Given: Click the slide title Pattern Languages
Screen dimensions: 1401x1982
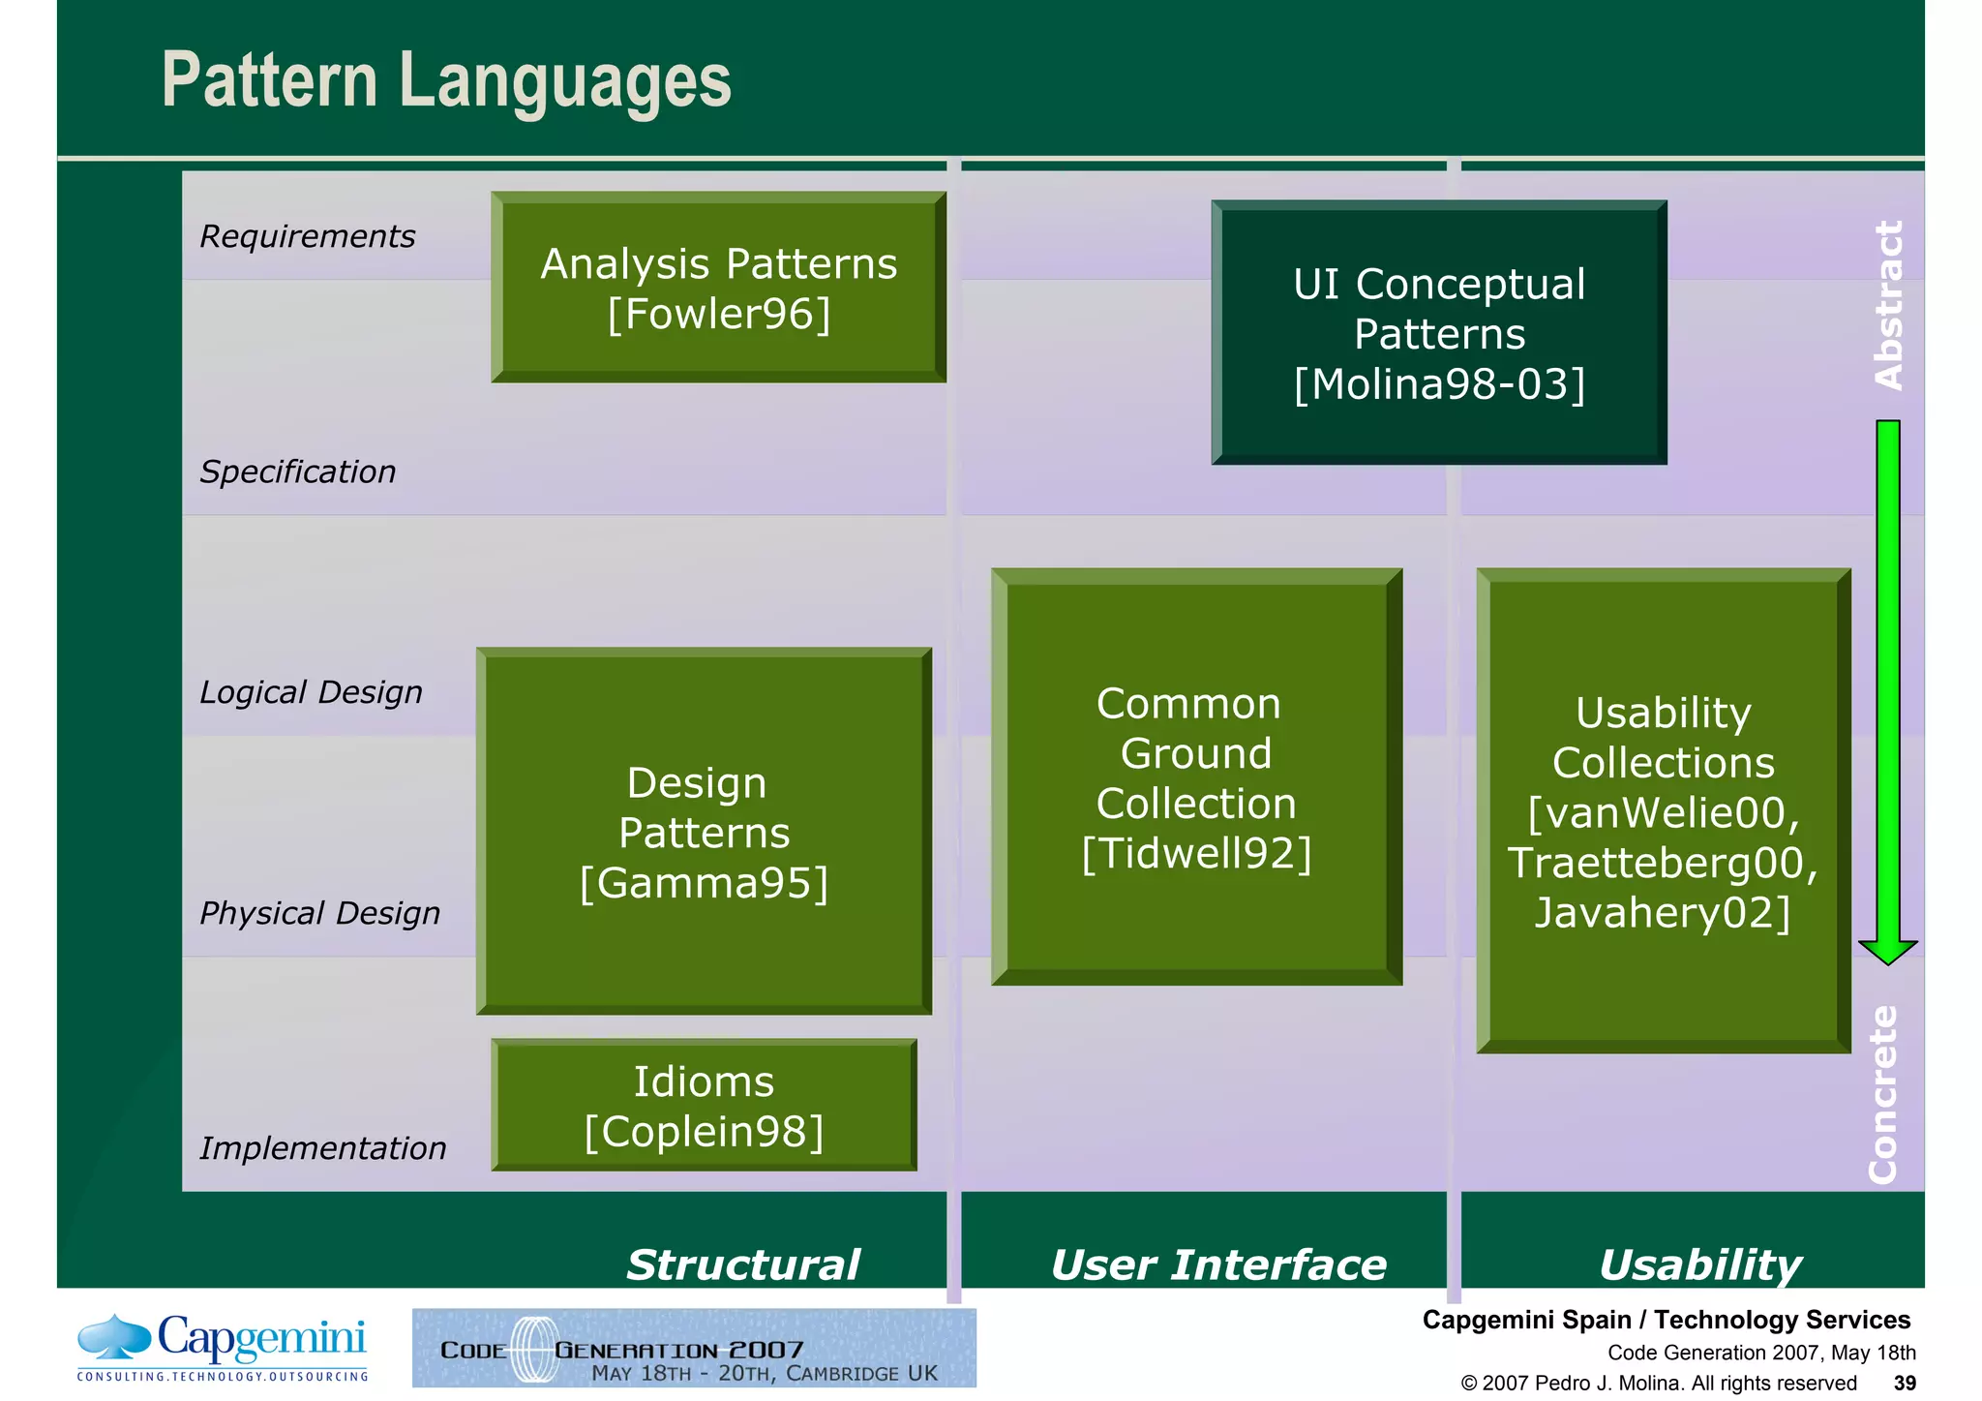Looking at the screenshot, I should tap(446, 80).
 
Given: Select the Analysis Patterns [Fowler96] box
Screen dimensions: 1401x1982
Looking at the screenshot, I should tap(718, 288).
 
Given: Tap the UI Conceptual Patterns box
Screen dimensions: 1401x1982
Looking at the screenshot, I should tap(1439, 333).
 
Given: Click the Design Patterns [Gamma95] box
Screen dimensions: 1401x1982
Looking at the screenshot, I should tap(704, 832).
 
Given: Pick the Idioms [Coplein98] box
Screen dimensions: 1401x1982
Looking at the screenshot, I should tap(704, 1106).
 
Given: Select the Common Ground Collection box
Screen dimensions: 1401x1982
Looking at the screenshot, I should tap(1196, 777).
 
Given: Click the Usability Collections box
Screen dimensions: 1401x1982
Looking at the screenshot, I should tap(1663, 811).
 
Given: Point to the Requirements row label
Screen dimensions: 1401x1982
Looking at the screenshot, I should tap(307, 236).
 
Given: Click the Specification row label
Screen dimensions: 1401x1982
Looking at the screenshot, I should tap(297, 472).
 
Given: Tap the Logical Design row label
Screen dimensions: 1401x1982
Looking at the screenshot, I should tap(311, 692).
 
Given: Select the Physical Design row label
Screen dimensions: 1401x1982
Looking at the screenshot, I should tap(319, 913).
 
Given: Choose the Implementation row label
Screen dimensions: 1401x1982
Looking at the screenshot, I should tap(322, 1148).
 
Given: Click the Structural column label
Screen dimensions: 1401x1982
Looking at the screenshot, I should tap(742, 1264).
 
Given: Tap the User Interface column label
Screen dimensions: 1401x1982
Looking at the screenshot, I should tap(1218, 1264).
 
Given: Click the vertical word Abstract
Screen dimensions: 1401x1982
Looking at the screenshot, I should tap(1888, 305).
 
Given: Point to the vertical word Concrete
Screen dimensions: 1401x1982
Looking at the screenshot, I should tap(1883, 1094).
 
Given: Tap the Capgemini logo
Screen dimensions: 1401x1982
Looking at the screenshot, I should tap(223, 1347).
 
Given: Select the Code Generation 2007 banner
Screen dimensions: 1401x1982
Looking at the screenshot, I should tap(694, 1349).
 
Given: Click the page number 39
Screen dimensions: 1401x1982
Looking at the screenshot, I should tap(1905, 1383).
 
